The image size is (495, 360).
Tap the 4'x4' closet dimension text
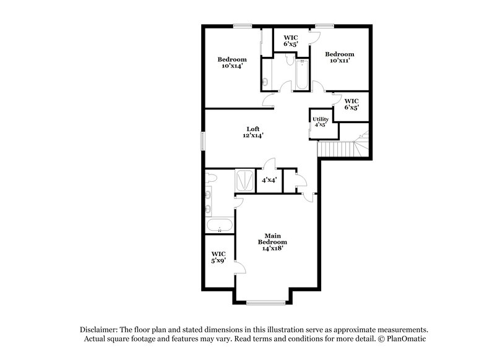point(269,181)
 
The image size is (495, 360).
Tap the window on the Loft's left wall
point(204,140)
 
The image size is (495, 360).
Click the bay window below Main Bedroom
point(265,302)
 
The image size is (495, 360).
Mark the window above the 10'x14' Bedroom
point(243,25)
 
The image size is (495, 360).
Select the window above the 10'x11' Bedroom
point(324,25)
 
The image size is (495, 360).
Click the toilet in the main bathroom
point(212,178)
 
